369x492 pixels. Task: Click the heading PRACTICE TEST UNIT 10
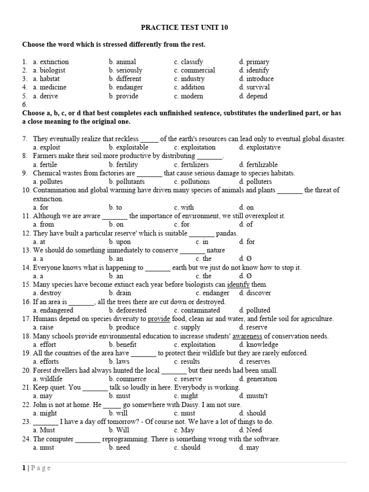click(x=184, y=27)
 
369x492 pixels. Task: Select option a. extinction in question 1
click(x=50, y=61)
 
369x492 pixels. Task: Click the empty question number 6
click(x=25, y=104)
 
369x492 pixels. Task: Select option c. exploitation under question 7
click(x=195, y=147)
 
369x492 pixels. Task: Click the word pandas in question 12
click(x=226, y=233)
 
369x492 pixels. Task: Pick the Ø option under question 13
click(x=245, y=258)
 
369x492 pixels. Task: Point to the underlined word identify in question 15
click(x=238, y=284)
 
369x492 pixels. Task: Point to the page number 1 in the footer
click(x=24, y=468)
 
